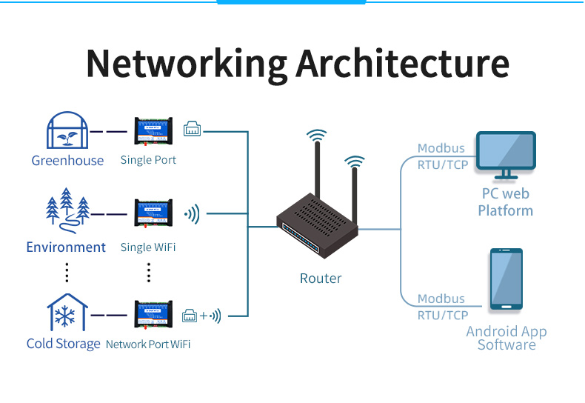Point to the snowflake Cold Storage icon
(67, 313)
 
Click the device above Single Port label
(153, 131)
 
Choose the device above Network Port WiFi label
(153, 314)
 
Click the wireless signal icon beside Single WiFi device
(193, 215)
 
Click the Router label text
(321, 279)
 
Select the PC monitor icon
(506, 155)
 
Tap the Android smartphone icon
(507, 279)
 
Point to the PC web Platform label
(506, 202)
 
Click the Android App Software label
(507, 338)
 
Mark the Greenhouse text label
(67, 160)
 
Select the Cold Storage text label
(63, 344)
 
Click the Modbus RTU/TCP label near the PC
(443, 157)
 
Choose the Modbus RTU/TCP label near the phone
(443, 307)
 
